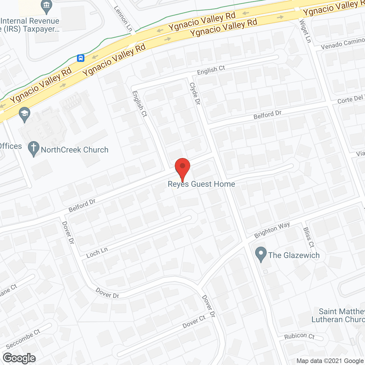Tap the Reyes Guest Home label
pos(201,184)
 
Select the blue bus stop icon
pos(81,58)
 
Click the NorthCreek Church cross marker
pos(34,149)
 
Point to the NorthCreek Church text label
pos(75,150)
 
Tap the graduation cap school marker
pos(25,114)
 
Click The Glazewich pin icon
pos(261,254)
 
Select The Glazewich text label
pos(294,255)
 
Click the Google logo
pos(19,358)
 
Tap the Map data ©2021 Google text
pos(330,361)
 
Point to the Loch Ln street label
pos(97,252)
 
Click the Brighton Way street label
pos(272,230)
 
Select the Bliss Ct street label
pos(309,237)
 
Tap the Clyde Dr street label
pos(195,94)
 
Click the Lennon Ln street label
pos(123,19)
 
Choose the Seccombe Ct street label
pos(23,339)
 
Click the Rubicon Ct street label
pos(299,336)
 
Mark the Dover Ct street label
pos(194,322)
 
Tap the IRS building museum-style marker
pos(46,6)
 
